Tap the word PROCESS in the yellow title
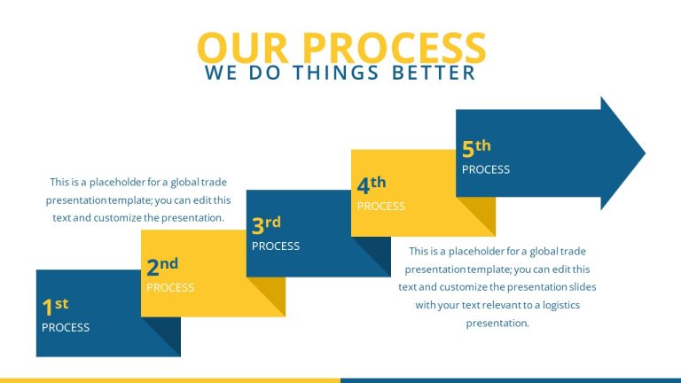coord(394,48)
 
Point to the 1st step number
coord(55,307)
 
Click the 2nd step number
coord(162,267)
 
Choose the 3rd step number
coord(266,225)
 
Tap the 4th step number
coord(372,185)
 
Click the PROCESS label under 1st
coord(66,328)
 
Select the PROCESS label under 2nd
coord(170,287)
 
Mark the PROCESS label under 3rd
coord(276,246)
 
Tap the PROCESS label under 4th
coord(381,207)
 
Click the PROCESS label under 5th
coord(486,169)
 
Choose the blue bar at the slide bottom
coord(510,379)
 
